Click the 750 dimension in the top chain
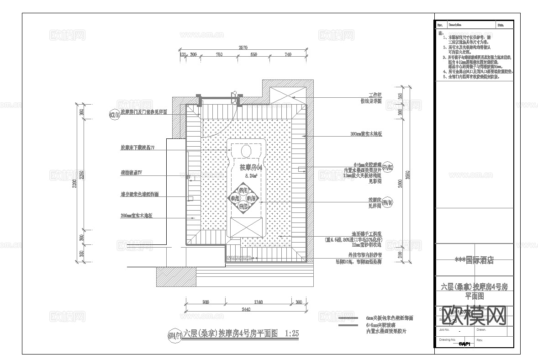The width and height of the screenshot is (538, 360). [x=219, y=55]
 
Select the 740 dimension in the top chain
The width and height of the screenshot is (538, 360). [x=288, y=55]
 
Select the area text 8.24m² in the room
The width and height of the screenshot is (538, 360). [x=251, y=175]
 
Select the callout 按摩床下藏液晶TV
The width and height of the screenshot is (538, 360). [x=137, y=148]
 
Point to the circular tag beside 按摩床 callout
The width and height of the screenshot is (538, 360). [x=386, y=202]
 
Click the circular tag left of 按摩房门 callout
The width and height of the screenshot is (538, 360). [x=114, y=114]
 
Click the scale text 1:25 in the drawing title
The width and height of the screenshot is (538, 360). [x=291, y=334]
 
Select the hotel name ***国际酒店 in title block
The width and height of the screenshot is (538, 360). [x=474, y=260]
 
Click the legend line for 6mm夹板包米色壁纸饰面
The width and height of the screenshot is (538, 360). [x=348, y=318]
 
